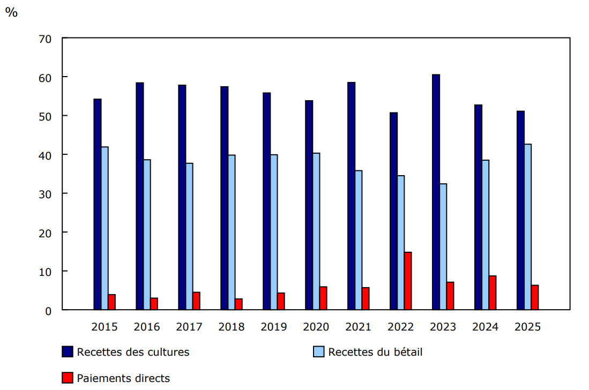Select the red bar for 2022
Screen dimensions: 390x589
408,281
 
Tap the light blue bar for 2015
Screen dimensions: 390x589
105,228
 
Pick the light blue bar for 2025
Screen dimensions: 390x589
528,227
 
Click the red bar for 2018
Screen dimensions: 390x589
238,304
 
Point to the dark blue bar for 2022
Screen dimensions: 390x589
393,211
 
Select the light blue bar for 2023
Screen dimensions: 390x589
443,246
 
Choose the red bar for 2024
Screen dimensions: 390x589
493,292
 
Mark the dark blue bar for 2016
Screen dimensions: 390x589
139,196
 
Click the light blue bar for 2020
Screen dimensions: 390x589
316,231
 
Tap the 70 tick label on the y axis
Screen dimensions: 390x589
45,39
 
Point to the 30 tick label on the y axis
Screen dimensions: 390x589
45,194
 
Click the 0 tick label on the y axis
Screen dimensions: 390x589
48,310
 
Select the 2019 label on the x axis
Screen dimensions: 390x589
274,327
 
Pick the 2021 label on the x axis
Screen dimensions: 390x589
359,327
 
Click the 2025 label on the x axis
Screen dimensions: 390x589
527,327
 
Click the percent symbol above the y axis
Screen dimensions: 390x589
11,12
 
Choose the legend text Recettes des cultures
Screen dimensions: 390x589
133,352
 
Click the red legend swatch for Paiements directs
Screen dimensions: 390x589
68,378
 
